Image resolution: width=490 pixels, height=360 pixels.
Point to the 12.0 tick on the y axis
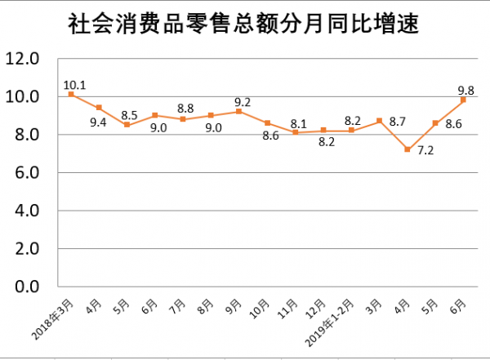23,59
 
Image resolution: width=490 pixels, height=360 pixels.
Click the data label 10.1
74,83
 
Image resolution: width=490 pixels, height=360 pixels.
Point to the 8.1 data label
297,124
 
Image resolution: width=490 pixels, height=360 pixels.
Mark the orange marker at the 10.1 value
71,95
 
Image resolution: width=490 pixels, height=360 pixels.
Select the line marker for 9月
239,112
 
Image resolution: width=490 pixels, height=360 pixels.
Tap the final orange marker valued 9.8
464,100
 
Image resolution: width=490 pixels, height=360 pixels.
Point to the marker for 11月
296,132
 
